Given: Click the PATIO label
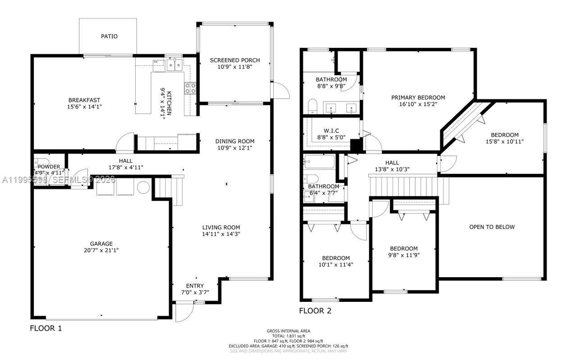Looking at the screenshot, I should tap(109, 36).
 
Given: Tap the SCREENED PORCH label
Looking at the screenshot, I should tap(235, 60).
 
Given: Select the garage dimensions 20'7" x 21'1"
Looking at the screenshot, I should tap(101, 250).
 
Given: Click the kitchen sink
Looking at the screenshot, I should tap(174, 66).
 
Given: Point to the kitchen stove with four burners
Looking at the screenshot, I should tap(190, 88).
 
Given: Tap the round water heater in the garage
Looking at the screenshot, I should tap(143, 187).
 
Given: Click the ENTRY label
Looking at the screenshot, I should tap(195, 286).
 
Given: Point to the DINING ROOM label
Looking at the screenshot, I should tap(235, 141).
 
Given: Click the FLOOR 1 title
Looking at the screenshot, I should tap(46, 328).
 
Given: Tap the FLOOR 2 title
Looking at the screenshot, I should tap(315, 310).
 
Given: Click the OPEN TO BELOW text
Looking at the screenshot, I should tap(492, 227).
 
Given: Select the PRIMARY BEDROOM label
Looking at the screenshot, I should tap(418, 97).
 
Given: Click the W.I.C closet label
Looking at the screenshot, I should tap(331, 131).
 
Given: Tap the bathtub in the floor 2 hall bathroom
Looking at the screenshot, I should tap(319, 161).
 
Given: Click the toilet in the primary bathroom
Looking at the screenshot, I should tap(313, 106).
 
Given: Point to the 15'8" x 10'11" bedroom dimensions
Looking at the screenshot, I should tap(504, 141).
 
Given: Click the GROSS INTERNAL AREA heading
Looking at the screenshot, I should tap(288, 331).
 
